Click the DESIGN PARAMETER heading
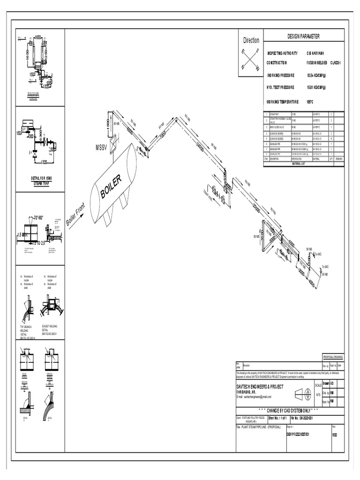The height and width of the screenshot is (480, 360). (303, 37)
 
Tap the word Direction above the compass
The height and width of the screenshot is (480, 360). (250, 40)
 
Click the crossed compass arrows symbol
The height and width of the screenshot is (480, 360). (250, 60)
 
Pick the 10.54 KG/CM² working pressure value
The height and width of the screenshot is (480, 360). (320, 75)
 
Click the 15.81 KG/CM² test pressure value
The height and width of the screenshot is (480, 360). (320, 87)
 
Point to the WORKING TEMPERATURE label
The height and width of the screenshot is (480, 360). (282, 101)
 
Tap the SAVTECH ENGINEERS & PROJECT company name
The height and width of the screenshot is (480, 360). (260, 386)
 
